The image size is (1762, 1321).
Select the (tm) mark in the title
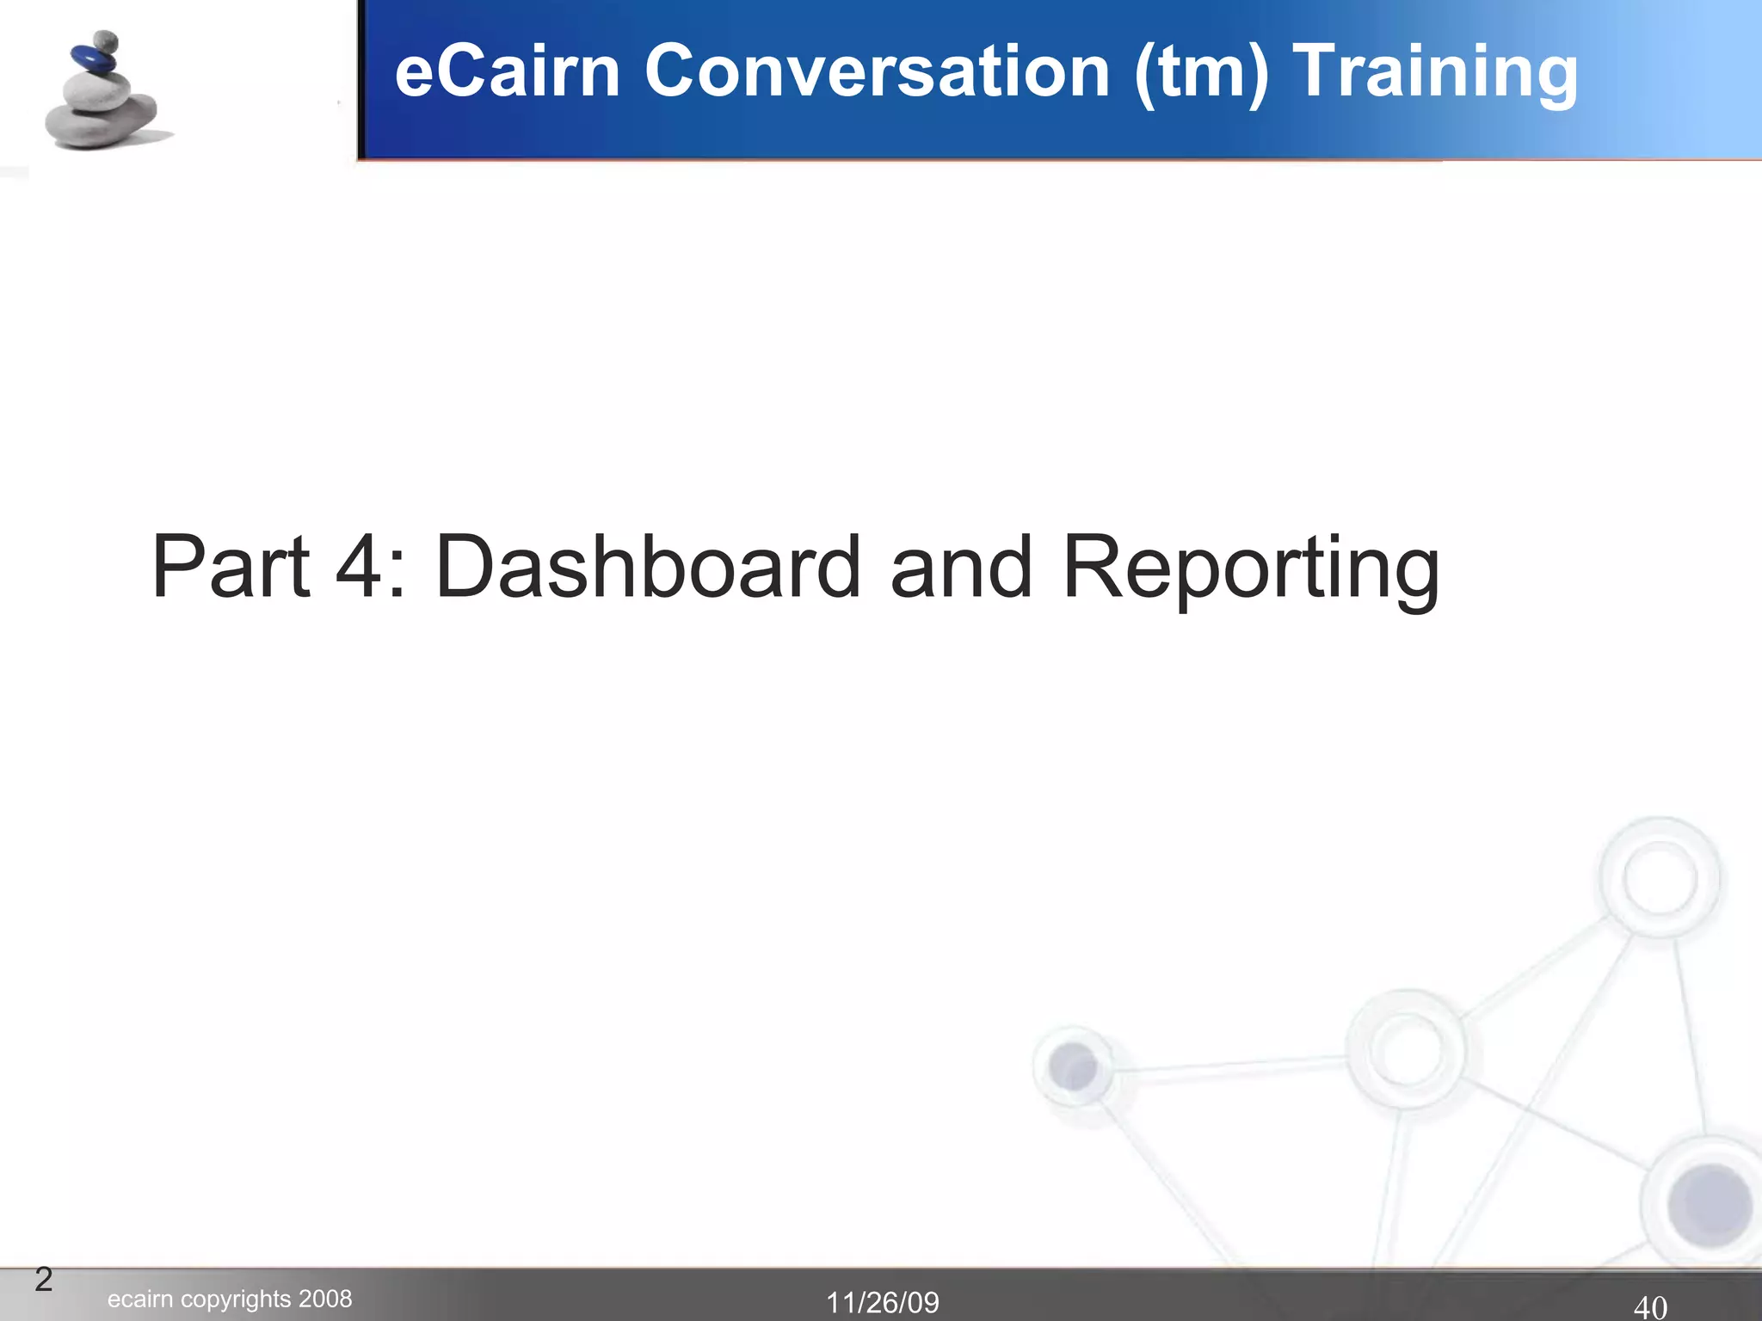1201,72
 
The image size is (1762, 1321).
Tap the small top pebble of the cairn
105,40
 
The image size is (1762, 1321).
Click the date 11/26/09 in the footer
883,1303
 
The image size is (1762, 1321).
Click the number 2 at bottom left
44,1280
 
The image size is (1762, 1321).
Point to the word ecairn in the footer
140,1299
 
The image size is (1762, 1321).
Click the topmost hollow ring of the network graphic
1659,877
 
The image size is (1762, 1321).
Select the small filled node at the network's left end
1072,1066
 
